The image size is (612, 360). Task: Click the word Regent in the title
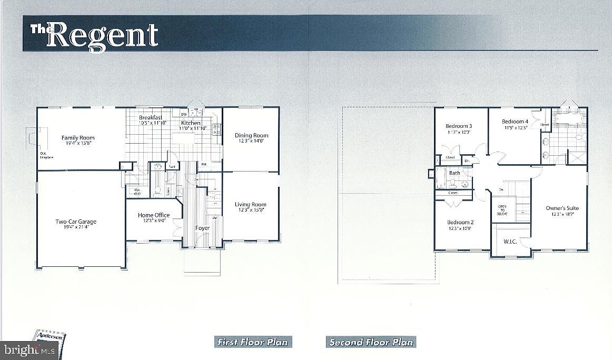coord(105,35)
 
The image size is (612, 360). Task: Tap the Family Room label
coord(78,138)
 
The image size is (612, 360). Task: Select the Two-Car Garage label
coord(76,222)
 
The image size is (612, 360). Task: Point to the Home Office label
coord(154,215)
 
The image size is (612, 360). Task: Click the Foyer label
coord(202,228)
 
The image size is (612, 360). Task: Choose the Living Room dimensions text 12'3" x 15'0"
coord(251,210)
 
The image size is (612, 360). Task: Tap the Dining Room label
coord(251,135)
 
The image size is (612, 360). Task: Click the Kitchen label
coord(190,123)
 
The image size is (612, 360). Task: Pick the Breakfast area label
coord(150,117)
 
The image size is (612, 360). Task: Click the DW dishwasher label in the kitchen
coord(183,114)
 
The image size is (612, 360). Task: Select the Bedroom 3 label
coord(458,126)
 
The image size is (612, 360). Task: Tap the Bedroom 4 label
coord(515,122)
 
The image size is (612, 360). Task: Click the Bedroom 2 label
coord(460,222)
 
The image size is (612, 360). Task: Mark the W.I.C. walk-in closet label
coord(510,242)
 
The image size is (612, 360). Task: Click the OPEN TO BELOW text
coord(501,210)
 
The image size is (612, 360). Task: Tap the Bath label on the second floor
coord(455,173)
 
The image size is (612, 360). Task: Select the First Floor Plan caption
coord(253,342)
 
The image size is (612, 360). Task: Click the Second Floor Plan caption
coord(370,342)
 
